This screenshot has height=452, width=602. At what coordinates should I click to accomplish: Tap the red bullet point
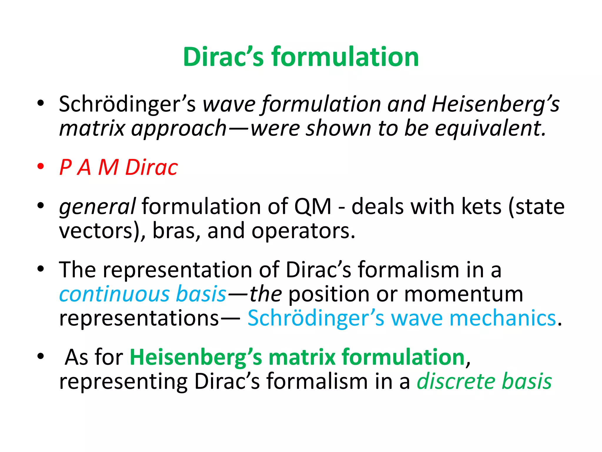(41, 166)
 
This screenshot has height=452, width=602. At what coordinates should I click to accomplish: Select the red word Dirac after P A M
(151, 167)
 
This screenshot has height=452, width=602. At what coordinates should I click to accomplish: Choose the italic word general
(97, 207)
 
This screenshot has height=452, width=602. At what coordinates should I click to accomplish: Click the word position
(329, 295)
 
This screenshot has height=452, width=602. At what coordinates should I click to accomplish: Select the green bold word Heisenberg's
(196, 357)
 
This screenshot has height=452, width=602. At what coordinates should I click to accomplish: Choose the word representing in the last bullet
(123, 382)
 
